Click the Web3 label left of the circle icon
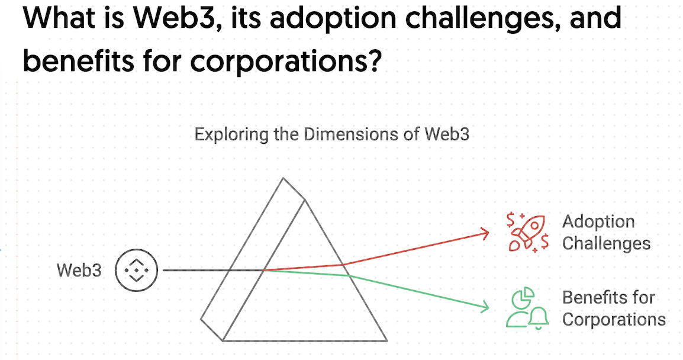79,270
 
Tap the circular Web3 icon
136,270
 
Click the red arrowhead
485,233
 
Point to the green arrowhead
484,306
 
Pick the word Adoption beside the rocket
598,222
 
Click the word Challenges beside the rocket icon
606,243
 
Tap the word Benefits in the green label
595,298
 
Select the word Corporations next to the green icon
614,320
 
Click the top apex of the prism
283,178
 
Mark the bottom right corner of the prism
386,340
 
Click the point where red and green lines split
263,270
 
